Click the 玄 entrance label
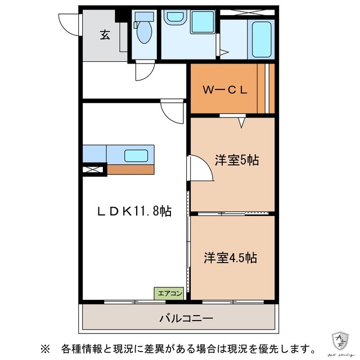pyautogui.click(x=105, y=34)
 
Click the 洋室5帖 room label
pyautogui.click(x=236, y=160)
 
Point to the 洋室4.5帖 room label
pyautogui.click(x=231, y=258)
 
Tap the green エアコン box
pyautogui.click(x=169, y=293)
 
